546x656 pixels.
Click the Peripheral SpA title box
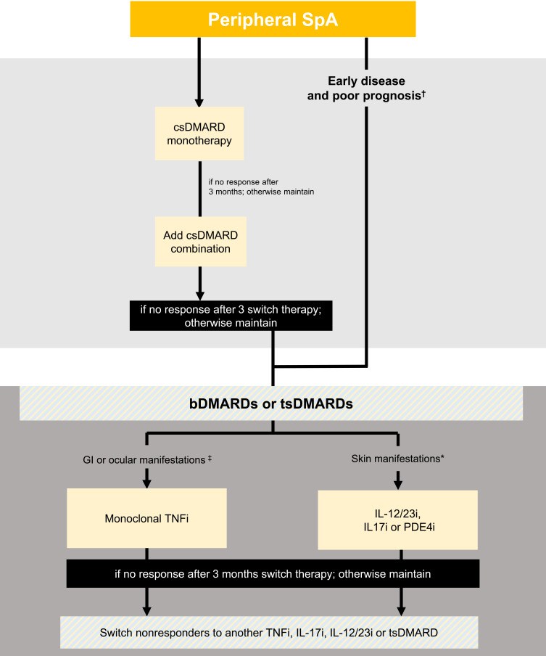click(273, 20)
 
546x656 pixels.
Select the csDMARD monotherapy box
click(199, 134)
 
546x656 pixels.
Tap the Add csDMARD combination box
click(201, 242)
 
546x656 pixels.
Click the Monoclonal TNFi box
click(146, 518)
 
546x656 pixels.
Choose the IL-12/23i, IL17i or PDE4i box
click(397, 520)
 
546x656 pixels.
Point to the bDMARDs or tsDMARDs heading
click(271, 403)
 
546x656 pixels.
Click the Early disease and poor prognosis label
click(366, 89)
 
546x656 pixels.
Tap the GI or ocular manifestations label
click(147, 460)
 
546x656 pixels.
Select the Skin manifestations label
click(397, 459)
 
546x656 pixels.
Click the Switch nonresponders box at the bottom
click(269, 632)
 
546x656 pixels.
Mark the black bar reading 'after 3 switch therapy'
click(231, 316)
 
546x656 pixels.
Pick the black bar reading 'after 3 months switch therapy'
click(273, 573)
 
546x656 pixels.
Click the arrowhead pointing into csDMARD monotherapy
click(199, 102)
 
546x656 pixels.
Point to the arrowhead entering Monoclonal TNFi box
click(146, 483)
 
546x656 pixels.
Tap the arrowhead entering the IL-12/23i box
click(398, 485)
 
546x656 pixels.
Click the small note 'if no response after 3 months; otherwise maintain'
click(261, 186)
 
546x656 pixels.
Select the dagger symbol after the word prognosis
click(423, 94)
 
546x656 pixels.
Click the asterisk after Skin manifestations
click(442, 457)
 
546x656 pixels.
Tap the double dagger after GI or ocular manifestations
click(210, 459)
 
